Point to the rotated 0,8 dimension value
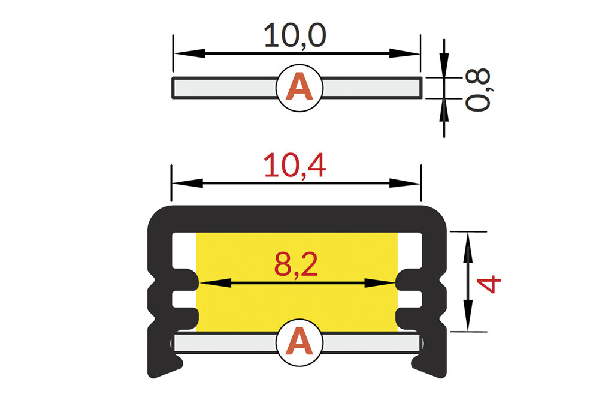[479, 89]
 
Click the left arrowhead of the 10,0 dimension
[182, 53]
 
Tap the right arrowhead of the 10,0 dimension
[410, 53]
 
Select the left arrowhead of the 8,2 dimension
[207, 282]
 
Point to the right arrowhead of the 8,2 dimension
[386, 282]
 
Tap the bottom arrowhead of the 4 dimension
[468, 321]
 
